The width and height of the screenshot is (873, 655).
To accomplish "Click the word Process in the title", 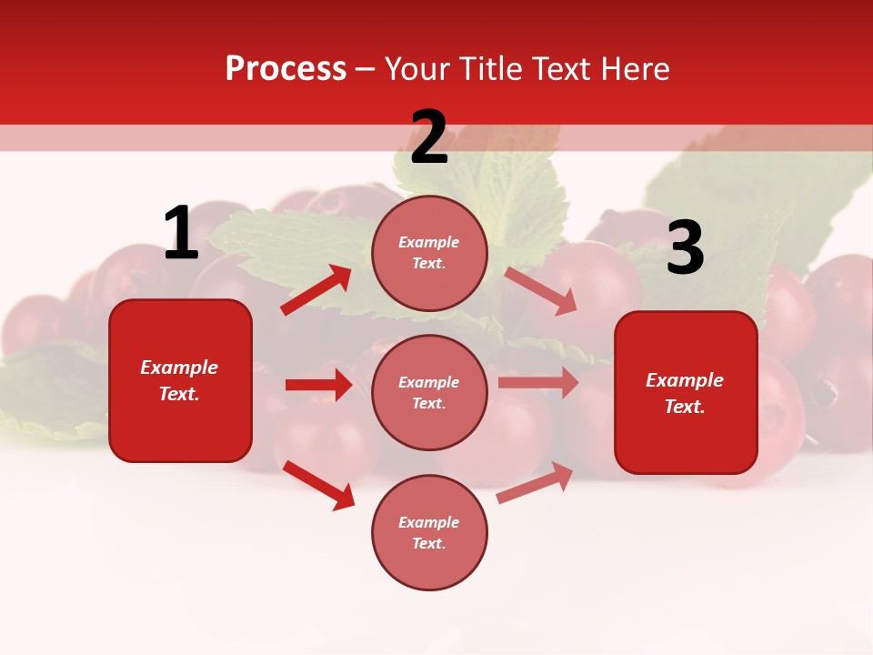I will tap(286, 69).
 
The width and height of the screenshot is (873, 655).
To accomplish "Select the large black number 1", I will tap(181, 234).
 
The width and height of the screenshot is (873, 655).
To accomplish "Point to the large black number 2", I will tap(429, 137).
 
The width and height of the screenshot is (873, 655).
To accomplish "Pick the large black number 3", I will tap(685, 249).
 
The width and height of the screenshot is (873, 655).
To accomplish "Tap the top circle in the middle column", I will tap(429, 253).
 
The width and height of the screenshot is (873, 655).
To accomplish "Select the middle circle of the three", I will tap(429, 393).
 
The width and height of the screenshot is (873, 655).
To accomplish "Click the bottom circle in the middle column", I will tap(429, 533).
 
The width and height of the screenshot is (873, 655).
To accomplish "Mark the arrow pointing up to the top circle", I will tap(316, 290).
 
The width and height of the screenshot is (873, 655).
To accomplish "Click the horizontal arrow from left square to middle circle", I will tap(318, 385).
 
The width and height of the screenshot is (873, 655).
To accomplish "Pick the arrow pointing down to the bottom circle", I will tap(319, 484).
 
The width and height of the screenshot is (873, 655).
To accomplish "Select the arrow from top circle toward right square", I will tap(541, 290).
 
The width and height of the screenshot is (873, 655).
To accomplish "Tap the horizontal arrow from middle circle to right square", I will tap(538, 383).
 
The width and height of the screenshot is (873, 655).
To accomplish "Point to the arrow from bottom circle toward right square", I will tap(535, 483).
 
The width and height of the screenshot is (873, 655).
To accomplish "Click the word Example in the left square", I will tap(179, 368).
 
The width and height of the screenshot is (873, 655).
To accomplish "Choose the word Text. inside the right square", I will tap(685, 407).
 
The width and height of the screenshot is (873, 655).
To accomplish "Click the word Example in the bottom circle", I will tap(429, 522).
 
